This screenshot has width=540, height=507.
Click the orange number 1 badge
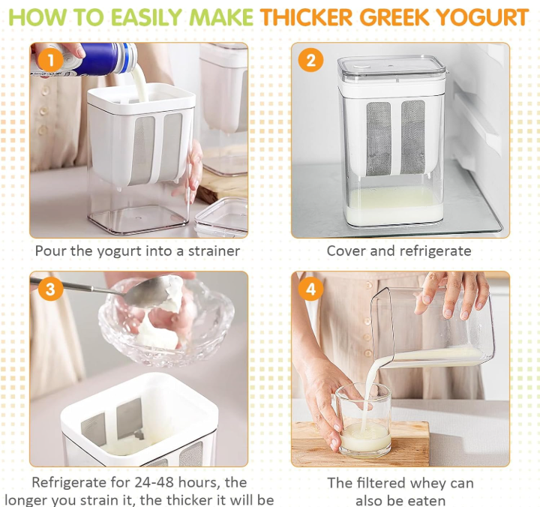click(50, 60)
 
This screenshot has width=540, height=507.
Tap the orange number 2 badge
click(310, 59)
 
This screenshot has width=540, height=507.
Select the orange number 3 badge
click(50, 288)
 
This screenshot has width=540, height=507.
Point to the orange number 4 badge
click(310, 288)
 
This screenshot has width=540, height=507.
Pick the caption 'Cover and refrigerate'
click(399, 250)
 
